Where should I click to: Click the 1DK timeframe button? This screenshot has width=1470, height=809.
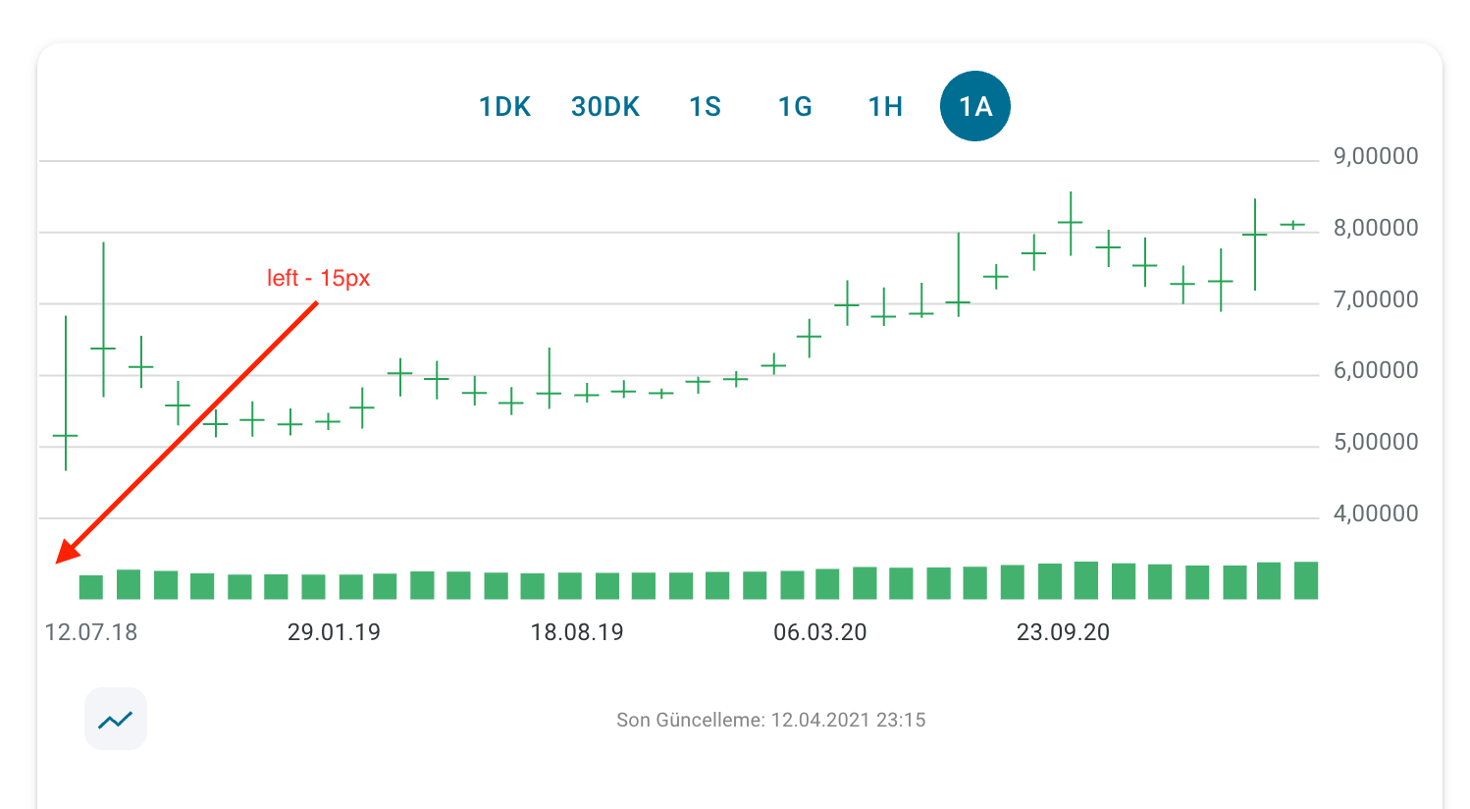pos(504,107)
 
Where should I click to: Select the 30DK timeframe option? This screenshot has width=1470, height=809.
pos(605,107)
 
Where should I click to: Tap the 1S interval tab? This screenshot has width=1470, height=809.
pos(705,107)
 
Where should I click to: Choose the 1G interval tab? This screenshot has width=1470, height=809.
pos(795,107)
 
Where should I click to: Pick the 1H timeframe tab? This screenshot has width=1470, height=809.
pos(885,107)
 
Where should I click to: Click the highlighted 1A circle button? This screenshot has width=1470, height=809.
pos(974,106)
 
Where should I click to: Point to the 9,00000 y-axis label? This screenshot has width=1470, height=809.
pos(1375,156)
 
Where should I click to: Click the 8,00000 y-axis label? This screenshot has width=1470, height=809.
pos(1375,228)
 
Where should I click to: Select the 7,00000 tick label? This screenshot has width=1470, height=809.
pos(1375,299)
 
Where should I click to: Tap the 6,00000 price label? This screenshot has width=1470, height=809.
pos(1375,370)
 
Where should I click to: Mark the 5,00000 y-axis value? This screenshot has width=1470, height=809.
pos(1375,442)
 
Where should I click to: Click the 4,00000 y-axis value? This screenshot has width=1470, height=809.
pos(1375,513)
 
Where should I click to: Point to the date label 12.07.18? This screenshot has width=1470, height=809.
pos(91,632)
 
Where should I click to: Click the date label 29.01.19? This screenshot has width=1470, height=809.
pos(334,632)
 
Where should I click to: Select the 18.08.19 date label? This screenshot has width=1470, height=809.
pos(577,632)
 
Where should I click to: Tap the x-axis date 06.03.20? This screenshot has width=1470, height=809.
pos(819,632)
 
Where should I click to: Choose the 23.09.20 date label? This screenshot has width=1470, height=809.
pos(1063,632)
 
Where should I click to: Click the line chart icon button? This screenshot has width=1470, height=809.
pos(116,720)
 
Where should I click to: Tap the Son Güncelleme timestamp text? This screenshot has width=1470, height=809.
pos(770,721)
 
